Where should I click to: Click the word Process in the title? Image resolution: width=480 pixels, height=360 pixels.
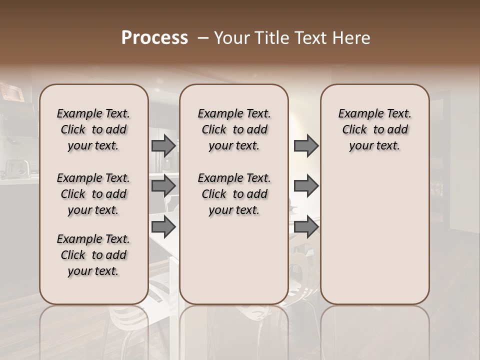point(154,38)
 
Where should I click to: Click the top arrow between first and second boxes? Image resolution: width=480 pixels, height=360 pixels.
point(163,145)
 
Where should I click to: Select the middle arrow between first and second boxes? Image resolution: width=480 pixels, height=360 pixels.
point(163,186)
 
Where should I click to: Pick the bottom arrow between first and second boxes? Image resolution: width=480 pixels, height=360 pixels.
point(163,226)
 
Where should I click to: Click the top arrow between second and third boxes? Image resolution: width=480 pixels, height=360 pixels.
point(306,145)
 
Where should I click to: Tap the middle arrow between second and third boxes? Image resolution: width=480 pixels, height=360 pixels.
point(306,186)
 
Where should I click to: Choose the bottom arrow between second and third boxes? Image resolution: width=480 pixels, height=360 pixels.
point(306,226)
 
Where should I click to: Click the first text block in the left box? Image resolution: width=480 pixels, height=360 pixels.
point(93,129)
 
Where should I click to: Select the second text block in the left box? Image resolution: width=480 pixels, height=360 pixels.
point(93,194)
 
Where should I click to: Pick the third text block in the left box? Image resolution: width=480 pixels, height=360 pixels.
point(93,255)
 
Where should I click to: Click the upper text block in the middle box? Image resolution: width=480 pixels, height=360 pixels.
point(234,129)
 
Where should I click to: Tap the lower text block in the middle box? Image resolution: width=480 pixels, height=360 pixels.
point(234,194)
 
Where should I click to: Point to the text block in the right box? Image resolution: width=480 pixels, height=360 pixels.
point(374,129)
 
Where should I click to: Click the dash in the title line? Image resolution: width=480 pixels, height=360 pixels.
point(202,38)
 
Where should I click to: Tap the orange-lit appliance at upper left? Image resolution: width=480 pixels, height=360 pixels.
point(12,93)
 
